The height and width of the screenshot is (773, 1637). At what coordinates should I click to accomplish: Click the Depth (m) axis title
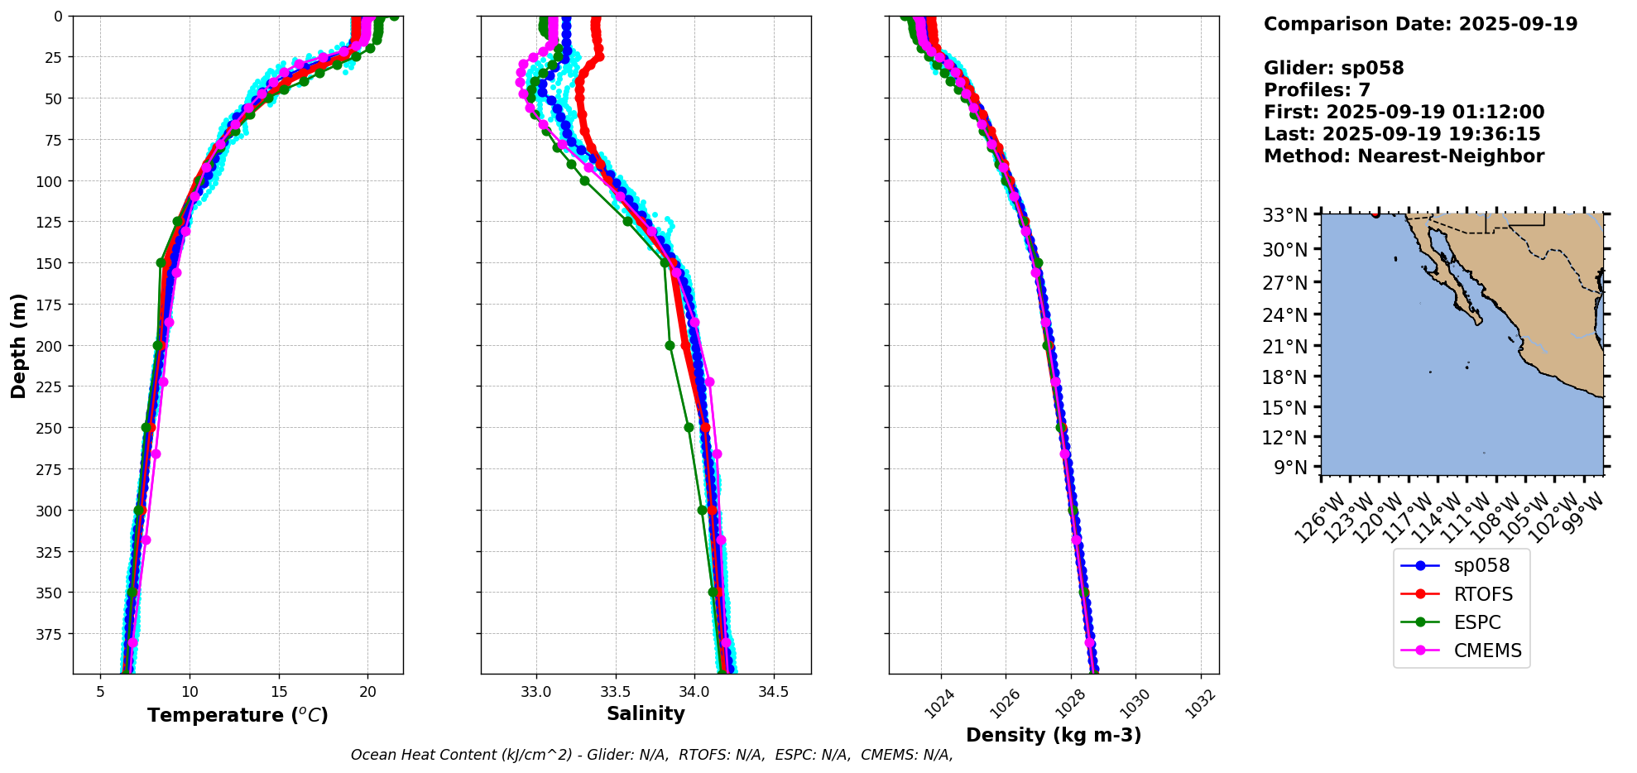(18, 345)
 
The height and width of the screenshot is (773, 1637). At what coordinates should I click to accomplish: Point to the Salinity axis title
(646, 714)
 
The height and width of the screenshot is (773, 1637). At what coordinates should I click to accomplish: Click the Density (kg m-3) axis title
(1054, 735)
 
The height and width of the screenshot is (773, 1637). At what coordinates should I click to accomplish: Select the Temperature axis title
(238, 715)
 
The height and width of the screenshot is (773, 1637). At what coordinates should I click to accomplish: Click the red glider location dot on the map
(1375, 214)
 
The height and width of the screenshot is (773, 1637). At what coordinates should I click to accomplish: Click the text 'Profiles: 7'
(1317, 90)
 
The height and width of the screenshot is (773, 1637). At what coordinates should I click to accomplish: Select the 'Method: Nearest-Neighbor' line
(1404, 156)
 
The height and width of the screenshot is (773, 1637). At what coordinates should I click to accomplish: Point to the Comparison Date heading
(1420, 24)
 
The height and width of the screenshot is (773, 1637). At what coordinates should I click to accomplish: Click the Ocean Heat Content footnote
(651, 755)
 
